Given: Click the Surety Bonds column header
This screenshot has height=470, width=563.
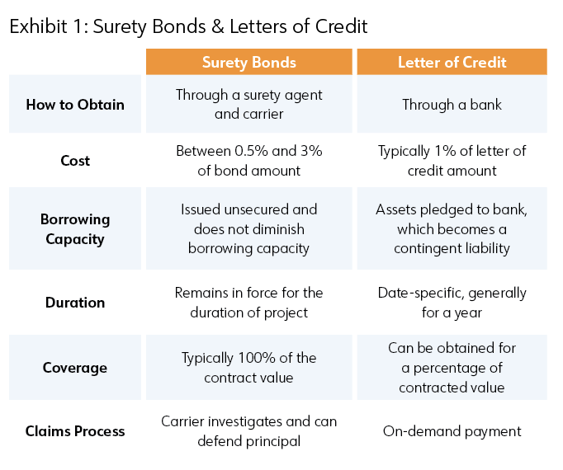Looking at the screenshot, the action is click(x=248, y=63).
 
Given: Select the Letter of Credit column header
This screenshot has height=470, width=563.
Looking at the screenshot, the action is click(x=452, y=63).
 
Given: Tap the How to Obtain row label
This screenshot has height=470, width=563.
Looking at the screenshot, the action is click(x=75, y=105).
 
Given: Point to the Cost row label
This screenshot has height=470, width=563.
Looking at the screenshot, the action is click(x=75, y=160).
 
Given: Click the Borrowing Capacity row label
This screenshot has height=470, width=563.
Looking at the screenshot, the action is click(x=75, y=229).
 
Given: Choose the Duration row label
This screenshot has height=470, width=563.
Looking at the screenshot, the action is click(x=75, y=303).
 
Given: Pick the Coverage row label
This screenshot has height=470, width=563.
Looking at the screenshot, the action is click(x=75, y=368).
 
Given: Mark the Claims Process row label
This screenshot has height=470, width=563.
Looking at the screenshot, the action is click(x=75, y=431).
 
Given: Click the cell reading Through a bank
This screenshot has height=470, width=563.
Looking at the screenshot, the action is click(x=452, y=105).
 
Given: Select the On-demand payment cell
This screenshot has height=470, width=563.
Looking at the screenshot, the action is click(x=452, y=431).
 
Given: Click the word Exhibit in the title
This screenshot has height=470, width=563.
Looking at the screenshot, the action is click(x=39, y=26).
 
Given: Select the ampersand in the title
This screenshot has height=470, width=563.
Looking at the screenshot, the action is click(x=218, y=26).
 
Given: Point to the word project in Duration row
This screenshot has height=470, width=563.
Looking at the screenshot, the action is click(x=286, y=313).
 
